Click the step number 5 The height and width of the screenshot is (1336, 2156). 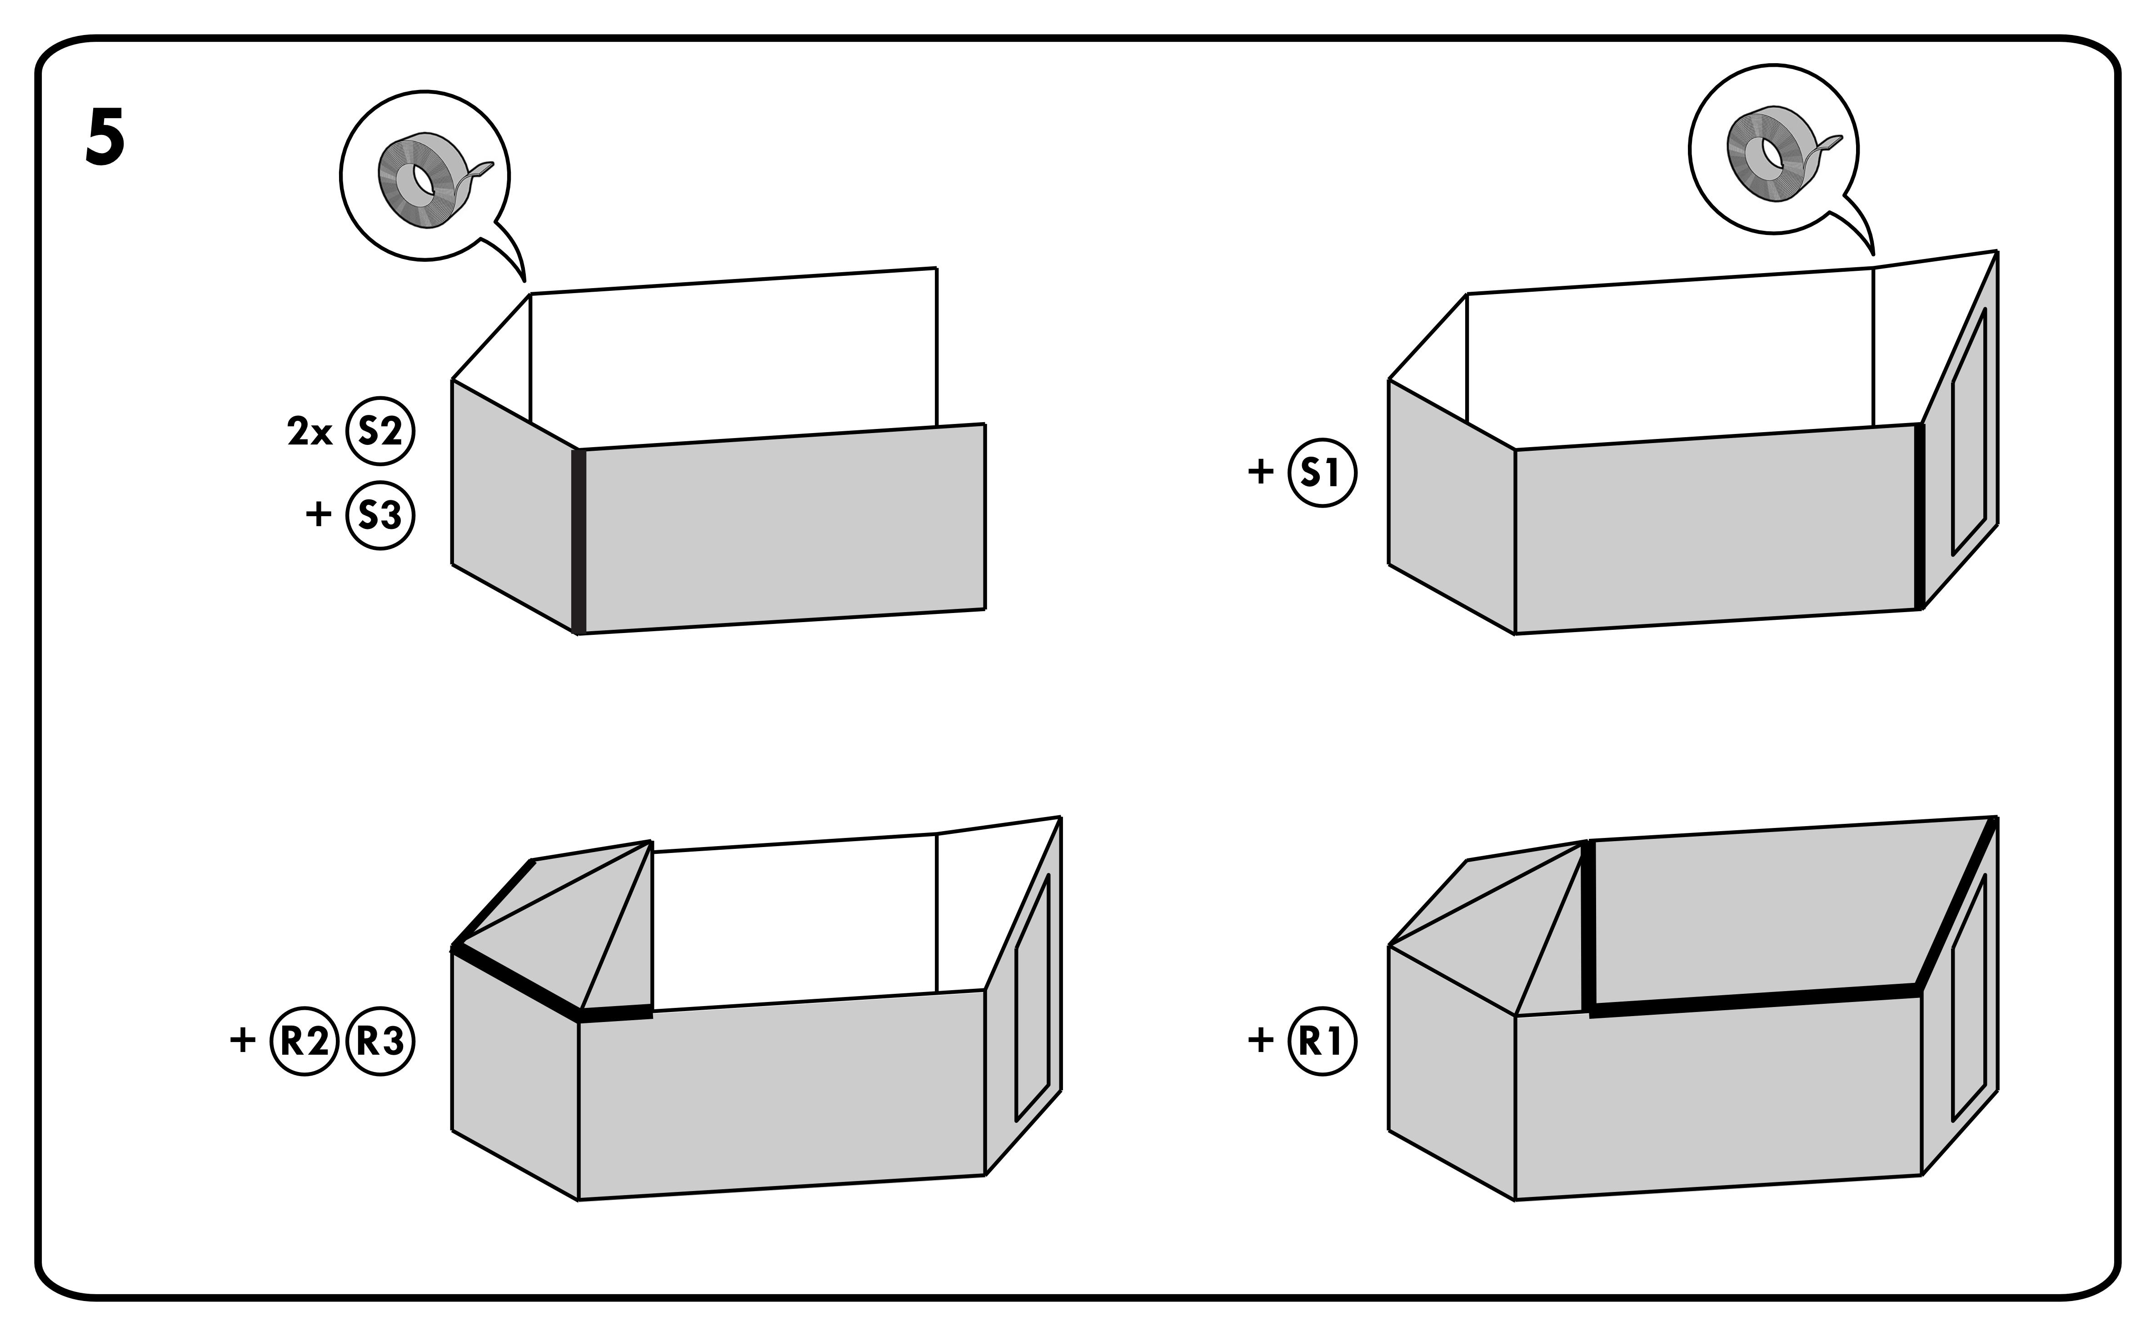[105, 138]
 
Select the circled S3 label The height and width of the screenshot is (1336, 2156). [380, 515]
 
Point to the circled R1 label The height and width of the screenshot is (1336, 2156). [1322, 1041]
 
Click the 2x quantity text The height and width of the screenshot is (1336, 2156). [309, 432]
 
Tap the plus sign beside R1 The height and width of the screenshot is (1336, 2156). [1260, 1040]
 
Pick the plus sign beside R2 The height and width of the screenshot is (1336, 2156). [242, 1040]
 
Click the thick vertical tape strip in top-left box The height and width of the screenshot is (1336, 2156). [579, 541]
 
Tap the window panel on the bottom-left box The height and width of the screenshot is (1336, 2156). [1032, 998]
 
